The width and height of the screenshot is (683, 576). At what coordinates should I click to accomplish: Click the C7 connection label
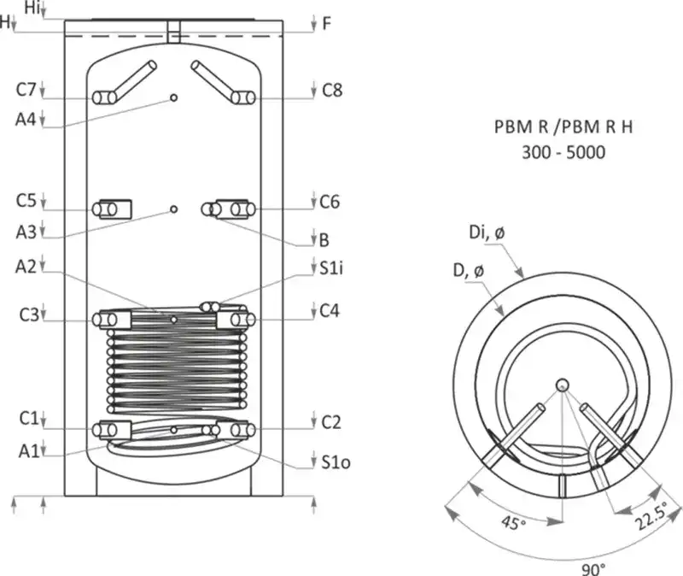click(26, 90)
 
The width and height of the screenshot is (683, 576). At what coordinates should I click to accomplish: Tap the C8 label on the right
click(331, 90)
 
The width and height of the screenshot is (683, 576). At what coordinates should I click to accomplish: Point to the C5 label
click(26, 201)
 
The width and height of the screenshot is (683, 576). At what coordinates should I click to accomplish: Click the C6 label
click(330, 203)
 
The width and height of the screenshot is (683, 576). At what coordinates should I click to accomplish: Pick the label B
click(324, 239)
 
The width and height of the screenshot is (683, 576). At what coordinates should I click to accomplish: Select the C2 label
click(331, 421)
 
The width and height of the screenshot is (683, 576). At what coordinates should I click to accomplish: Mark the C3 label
click(26, 315)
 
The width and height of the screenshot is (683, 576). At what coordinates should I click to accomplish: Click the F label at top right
click(326, 24)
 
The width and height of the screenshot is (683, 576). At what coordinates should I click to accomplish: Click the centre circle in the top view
click(563, 385)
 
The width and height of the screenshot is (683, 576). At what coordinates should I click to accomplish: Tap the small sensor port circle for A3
click(174, 209)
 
